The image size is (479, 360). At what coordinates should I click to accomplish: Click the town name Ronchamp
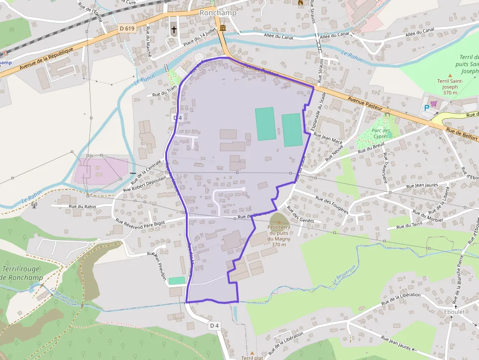(218, 13)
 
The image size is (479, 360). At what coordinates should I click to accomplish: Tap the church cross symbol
(174, 29)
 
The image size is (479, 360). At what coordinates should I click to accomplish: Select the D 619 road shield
(127, 28)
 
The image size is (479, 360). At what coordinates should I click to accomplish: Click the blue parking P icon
(427, 107)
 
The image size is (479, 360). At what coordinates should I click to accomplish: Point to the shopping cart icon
(434, 104)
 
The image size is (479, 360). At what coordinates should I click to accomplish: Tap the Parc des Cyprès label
(381, 133)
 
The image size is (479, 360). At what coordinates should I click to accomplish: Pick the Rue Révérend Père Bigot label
(141, 222)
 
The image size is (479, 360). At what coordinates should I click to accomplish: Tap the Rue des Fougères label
(332, 205)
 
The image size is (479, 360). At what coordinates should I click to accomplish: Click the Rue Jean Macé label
(328, 139)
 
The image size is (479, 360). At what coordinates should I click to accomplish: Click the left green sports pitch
(265, 124)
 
